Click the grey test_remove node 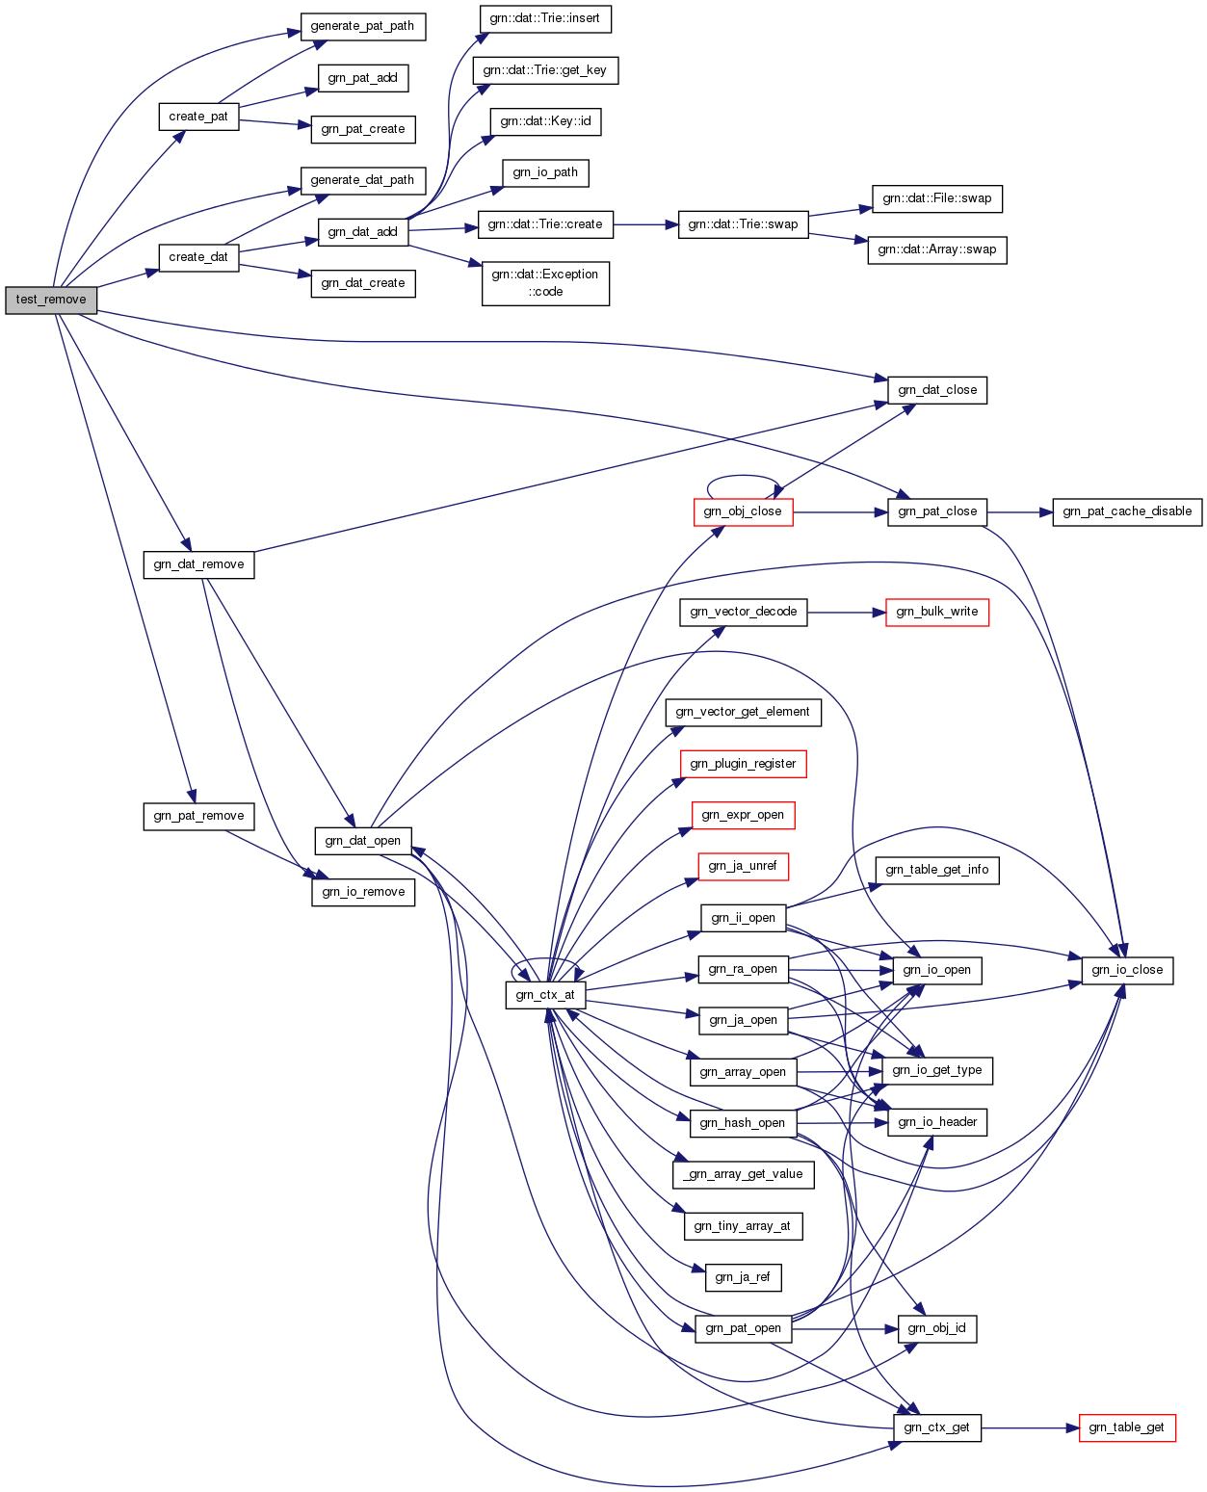coord(51,300)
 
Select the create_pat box coord(198,117)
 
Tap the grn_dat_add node coord(362,232)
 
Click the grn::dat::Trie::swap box coord(743,224)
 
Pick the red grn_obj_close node coord(743,511)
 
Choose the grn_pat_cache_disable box coord(1127,511)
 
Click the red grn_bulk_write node coord(936,612)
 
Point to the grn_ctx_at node coord(545,995)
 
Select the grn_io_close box coord(1127,970)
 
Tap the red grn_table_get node coord(1127,1427)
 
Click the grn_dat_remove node coord(198,564)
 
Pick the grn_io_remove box coord(363,892)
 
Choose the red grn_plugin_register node coord(743,764)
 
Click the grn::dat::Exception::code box coord(545,283)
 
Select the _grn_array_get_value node coord(743,1174)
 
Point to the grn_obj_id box coord(936,1328)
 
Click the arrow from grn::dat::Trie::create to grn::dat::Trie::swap coord(645,224)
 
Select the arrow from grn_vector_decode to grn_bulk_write coord(846,612)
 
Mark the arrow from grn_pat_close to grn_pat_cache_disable coord(1020,511)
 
